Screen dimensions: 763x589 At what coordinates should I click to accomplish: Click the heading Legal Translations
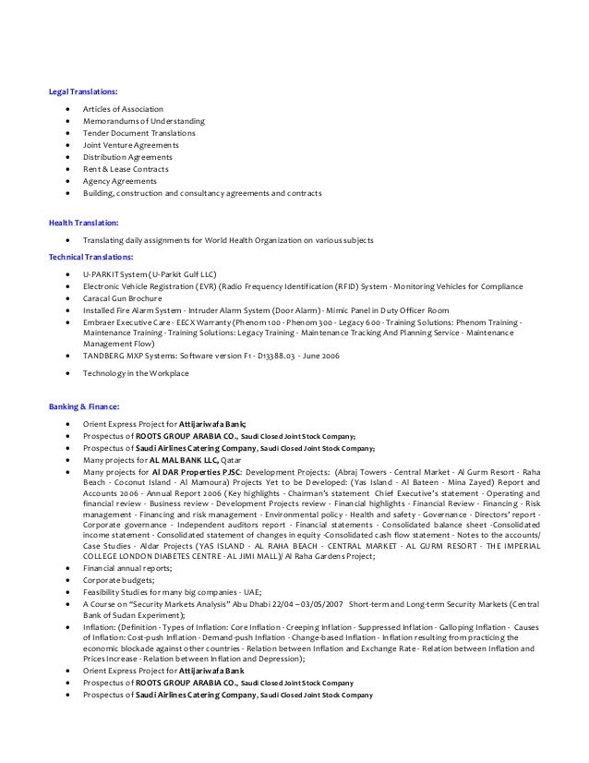pyautogui.click(x=83, y=92)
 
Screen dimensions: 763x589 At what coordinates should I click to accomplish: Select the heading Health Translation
pyautogui.click(x=83, y=223)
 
